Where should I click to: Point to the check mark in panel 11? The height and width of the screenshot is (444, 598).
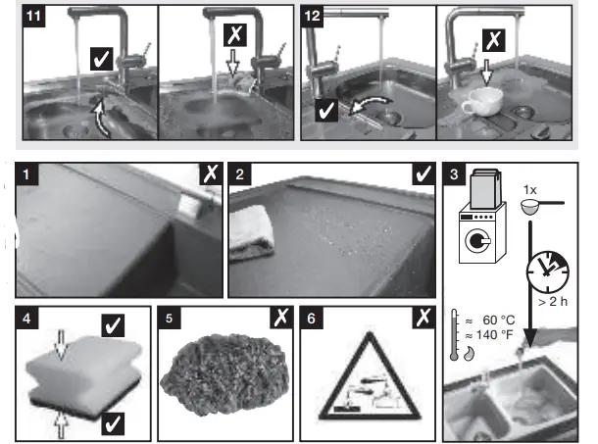101,61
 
